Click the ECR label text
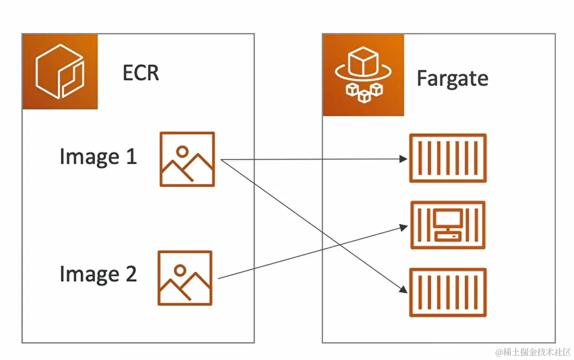pos(141,72)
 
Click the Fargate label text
pos(452,78)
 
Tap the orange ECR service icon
pos(60,71)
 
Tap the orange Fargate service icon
pos(363,74)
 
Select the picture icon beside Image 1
pos(187,159)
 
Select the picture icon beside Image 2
pos(185,278)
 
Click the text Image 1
pos(98,157)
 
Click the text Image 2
pos(98,274)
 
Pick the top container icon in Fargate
pos(448,158)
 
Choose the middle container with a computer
pos(448,225)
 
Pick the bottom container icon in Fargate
pos(448,292)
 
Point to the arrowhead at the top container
pos(404,159)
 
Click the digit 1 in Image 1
pos(131,157)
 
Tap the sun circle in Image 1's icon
pos(182,151)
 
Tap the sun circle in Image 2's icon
pos(179,270)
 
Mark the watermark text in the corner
pos(533,352)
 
